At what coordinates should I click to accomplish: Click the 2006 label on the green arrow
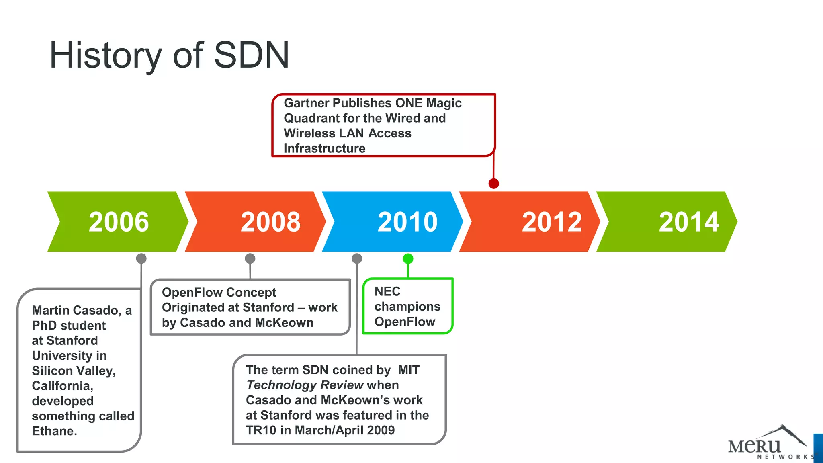[119, 222]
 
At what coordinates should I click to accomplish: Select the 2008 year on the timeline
[270, 222]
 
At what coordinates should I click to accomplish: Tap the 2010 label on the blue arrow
[407, 222]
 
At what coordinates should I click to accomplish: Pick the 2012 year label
[552, 222]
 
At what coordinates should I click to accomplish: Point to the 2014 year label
[689, 222]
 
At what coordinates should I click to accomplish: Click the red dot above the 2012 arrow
[494, 184]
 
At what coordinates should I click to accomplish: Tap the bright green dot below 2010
[408, 258]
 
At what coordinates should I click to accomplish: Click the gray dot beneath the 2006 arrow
[141, 258]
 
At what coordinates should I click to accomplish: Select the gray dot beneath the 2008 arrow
[250, 258]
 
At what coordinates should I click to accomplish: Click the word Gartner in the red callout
[307, 103]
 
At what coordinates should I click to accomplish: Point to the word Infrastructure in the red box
[324, 148]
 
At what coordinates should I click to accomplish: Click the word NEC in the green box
[387, 291]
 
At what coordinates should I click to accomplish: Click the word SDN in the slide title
[252, 55]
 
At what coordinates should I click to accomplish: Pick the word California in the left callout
[61, 386]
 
